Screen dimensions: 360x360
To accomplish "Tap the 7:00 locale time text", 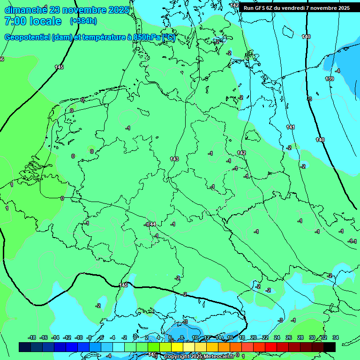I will click(33, 22).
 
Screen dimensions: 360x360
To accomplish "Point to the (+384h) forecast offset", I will click(83, 22).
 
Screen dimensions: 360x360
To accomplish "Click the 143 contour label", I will click(174, 159).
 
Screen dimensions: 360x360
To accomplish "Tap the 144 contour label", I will click(151, 225).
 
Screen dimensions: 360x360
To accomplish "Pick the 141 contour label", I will click(290, 127).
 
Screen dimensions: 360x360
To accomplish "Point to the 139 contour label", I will click(330, 79).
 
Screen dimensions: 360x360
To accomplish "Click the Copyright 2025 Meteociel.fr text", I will click(199, 357).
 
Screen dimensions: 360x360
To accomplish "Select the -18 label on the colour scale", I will click(32, 337).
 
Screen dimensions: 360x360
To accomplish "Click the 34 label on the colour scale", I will click(335, 337).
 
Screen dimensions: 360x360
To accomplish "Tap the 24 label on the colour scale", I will click(277, 337).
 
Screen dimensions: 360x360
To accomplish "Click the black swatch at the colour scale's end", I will click(330, 347).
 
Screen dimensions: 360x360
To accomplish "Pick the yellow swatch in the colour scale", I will click(177, 347).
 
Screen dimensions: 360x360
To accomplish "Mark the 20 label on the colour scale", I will click(253, 337).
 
